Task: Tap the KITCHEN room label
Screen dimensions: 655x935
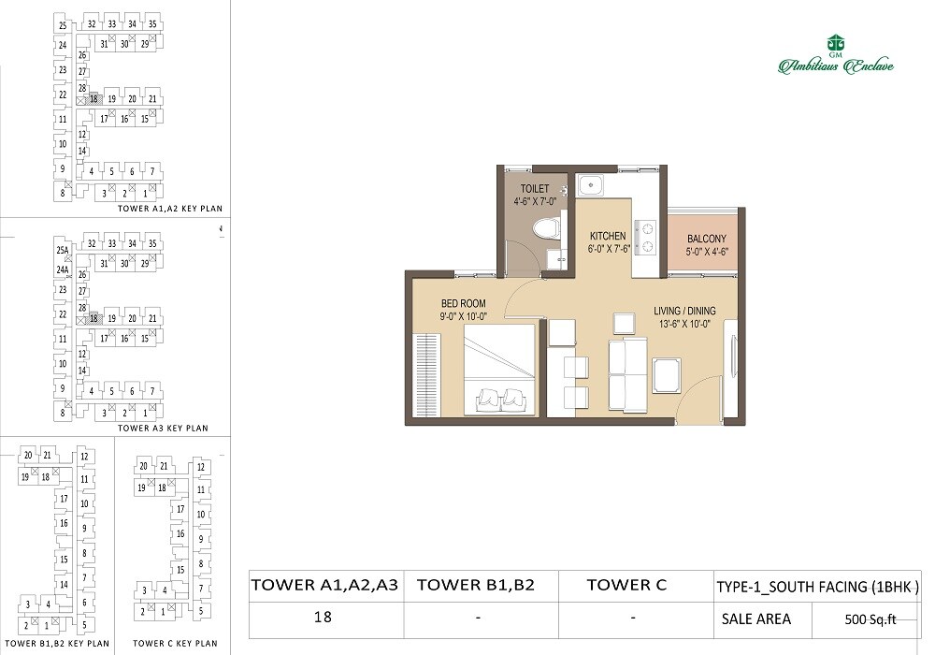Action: coord(607,237)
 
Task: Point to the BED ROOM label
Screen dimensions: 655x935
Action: coord(463,304)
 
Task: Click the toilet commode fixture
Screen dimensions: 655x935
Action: coord(545,227)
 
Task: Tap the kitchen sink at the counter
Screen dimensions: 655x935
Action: coord(589,185)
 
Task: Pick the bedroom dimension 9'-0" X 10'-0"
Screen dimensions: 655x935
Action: coord(463,317)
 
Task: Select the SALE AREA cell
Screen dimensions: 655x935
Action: coord(755,619)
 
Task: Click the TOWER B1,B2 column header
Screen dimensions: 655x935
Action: coord(475,586)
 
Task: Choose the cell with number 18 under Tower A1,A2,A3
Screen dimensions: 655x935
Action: coord(324,618)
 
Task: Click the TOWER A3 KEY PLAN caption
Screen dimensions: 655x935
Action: coord(163,428)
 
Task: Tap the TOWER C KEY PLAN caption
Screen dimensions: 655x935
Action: coord(175,644)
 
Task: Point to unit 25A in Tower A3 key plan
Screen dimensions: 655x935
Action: coord(63,251)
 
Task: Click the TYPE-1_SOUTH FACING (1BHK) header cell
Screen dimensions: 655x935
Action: coord(817,587)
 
